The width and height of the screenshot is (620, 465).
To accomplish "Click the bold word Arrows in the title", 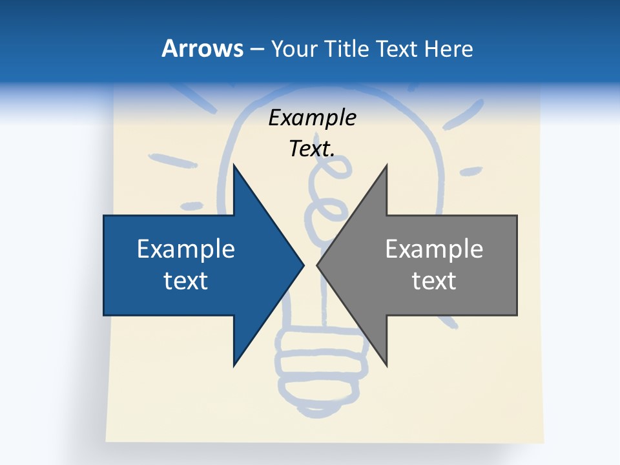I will coord(201,48).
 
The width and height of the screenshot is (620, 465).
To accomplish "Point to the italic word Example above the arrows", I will coord(312,118).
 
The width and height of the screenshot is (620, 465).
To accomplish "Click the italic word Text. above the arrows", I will coord(312,149).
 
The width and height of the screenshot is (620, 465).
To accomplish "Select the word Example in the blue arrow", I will coord(186,249).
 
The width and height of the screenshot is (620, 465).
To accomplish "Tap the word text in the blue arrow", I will coord(186,280).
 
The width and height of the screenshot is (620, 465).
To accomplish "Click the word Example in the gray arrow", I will coord(434,249).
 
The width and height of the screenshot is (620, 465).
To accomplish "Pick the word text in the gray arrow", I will coord(434,280).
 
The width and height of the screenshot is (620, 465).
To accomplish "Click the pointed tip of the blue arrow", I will coord(303,265).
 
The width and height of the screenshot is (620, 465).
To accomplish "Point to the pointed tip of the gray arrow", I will coord(317,265).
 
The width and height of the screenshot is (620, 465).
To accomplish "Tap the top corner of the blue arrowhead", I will coord(234,165).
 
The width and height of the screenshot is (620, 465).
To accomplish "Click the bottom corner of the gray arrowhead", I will coord(386,365).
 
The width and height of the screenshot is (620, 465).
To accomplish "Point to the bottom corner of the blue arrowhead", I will coord(234,365).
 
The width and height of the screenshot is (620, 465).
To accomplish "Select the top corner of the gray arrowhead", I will coord(386,165).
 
